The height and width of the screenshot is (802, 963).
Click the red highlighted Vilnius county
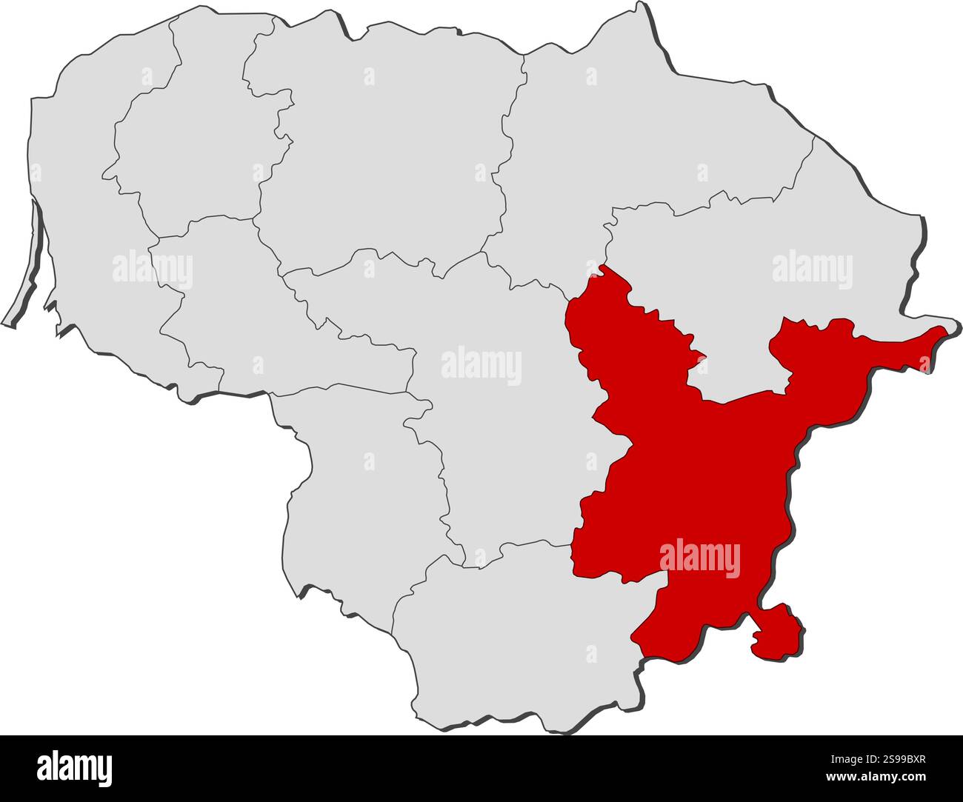(x=696, y=474)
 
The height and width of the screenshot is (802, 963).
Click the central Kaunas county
(x=504, y=444)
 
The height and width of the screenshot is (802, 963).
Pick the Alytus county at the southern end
(x=519, y=637)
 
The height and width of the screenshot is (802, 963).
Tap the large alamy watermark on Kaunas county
(x=481, y=367)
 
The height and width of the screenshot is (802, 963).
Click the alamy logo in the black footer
(x=74, y=769)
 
